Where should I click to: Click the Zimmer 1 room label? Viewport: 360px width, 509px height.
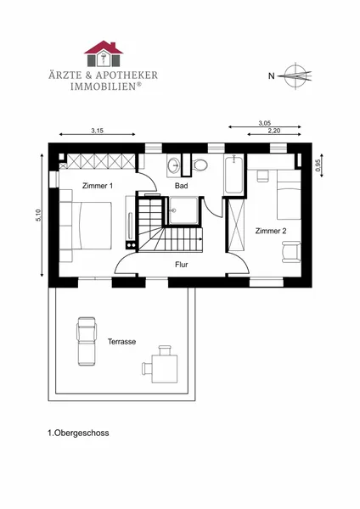click(x=98, y=186)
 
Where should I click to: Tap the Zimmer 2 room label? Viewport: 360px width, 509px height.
click(x=271, y=231)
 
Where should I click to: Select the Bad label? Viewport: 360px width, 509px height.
click(x=182, y=186)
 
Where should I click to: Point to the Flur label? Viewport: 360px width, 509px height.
click(x=182, y=265)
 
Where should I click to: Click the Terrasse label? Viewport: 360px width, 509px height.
click(x=122, y=342)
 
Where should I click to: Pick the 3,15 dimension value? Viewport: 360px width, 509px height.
click(x=97, y=131)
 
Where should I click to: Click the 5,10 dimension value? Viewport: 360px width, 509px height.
click(x=39, y=215)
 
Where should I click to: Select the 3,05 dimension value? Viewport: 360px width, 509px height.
click(x=264, y=123)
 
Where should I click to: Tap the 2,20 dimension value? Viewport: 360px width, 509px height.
click(x=274, y=131)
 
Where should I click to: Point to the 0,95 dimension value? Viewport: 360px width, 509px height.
click(x=318, y=165)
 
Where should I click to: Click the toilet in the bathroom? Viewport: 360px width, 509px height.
click(x=200, y=165)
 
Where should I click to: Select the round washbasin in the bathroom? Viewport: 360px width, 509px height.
click(x=175, y=165)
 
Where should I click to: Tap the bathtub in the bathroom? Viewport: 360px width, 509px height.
click(x=233, y=174)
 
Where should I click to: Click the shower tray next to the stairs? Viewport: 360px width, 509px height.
click(x=183, y=210)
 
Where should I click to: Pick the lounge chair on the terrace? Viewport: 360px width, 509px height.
click(x=87, y=341)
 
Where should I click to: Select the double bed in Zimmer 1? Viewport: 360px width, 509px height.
click(x=86, y=226)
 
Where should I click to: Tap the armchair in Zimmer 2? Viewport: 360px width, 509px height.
click(x=291, y=252)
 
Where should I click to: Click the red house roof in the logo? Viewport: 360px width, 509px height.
click(x=104, y=48)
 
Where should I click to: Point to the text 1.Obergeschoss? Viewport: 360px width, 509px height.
click(x=78, y=433)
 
